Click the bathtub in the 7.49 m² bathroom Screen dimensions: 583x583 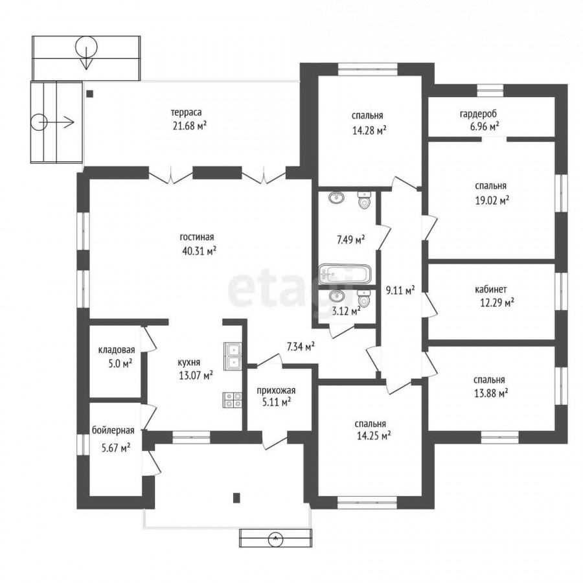pos(345,275)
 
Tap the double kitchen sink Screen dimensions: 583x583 pos(233,356)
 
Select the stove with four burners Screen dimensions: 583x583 pos(233,400)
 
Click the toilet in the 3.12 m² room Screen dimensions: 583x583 pos(364,299)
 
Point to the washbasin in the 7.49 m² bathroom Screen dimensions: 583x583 pos(336,197)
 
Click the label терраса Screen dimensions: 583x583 pos(187,112)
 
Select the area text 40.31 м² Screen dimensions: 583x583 pos(200,251)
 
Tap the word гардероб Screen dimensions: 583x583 pos(478,114)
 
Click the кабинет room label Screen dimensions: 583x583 pos(491,290)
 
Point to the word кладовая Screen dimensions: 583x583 pos(117,350)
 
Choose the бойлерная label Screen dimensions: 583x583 pos(113,431)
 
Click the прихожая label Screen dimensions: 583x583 pos(276,391)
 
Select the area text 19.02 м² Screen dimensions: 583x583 pos(492,201)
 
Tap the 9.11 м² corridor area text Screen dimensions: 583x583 pos(400,291)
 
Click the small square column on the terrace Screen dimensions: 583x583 pos(89,94)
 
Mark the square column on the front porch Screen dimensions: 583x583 pos(236,497)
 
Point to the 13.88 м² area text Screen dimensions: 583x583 pos(491,393)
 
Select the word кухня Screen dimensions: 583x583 pos(189,362)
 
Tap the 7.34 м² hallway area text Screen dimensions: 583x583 pos(301,347)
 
